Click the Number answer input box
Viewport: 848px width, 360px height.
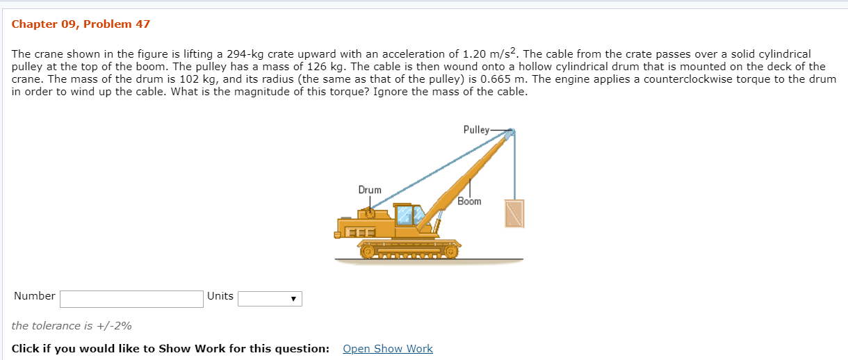[131, 299]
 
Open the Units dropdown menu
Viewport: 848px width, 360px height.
[270, 299]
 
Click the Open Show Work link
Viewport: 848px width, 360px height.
[387, 349]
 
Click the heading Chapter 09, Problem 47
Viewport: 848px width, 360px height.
[81, 24]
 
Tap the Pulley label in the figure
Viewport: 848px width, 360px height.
[475, 129]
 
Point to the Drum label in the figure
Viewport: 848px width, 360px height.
[369, 190]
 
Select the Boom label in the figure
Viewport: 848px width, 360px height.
[469, 201]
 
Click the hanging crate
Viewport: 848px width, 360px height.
[514, 213]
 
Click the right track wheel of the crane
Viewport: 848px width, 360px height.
[451, 250]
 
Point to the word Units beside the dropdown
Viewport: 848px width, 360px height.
[220, 296]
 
